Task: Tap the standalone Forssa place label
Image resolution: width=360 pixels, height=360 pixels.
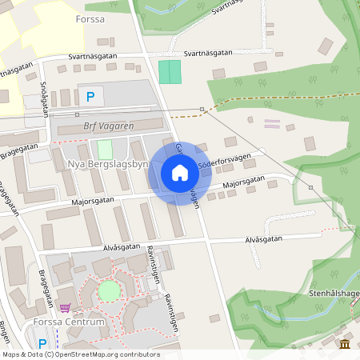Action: pos(90,18)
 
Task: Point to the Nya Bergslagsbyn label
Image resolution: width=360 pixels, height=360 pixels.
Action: pos(109,165)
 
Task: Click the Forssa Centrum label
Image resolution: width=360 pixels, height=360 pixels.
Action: pos(70,322)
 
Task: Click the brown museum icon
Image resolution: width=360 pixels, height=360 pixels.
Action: pos(344,344)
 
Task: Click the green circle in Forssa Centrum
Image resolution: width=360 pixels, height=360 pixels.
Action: pos(108,291)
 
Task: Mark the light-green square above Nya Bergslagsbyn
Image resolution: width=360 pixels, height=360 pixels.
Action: pos(105,150)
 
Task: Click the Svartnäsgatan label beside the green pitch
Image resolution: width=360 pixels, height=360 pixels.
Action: pos(207,53)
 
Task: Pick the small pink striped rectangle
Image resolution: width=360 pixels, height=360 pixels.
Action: pos(273,124)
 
